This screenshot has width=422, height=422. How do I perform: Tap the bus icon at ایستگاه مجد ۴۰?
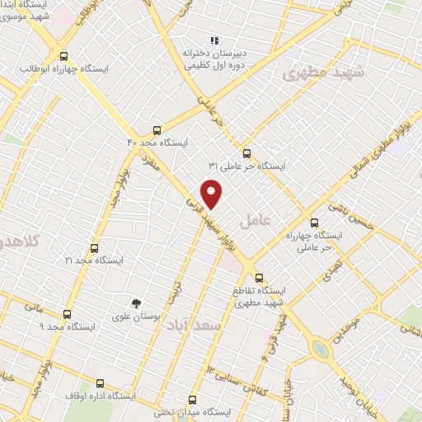[157, 129]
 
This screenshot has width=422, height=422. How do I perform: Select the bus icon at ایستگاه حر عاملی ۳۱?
[246, 152]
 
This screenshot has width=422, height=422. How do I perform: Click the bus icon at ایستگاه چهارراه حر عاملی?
[313, 222]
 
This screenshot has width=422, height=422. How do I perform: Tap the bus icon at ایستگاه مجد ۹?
[67, 313]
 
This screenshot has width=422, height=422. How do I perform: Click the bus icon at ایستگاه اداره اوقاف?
[100, 383]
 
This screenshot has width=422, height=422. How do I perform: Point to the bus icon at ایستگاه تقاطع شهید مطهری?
[259, 277]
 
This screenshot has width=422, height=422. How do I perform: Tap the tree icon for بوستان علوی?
[138, 303]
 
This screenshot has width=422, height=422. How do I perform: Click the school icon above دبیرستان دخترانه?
[214, 40]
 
